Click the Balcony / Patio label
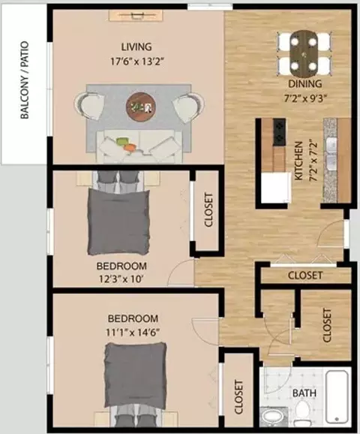click(x=25, y=80)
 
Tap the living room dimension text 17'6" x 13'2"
click(x=137, y=62)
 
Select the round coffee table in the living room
click(x=141, y=106)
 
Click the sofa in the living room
click(x=139, y=146)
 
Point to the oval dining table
click(x=304, y=53)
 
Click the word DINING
click(x=305, y=83)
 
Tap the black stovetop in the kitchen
click(x=279, y=132)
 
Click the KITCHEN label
click(x=298, y=161)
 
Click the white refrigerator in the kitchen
click(x=276, y=188)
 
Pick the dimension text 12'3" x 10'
click(x=121, y=279)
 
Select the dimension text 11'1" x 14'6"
click(x=133, y=332)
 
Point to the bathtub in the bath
click(x=337, y=397)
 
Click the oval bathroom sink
click(x=271, y=417)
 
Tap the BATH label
click(x=304, y=393)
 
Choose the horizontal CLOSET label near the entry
click(x=305, y=276)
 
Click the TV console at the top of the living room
click(x=136, y=15)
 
